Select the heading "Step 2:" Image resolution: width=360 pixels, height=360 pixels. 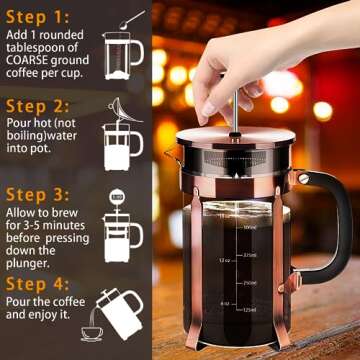(39, 105)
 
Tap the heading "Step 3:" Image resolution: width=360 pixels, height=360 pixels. (39, 194)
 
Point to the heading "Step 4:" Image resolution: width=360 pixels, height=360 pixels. (39, 283)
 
